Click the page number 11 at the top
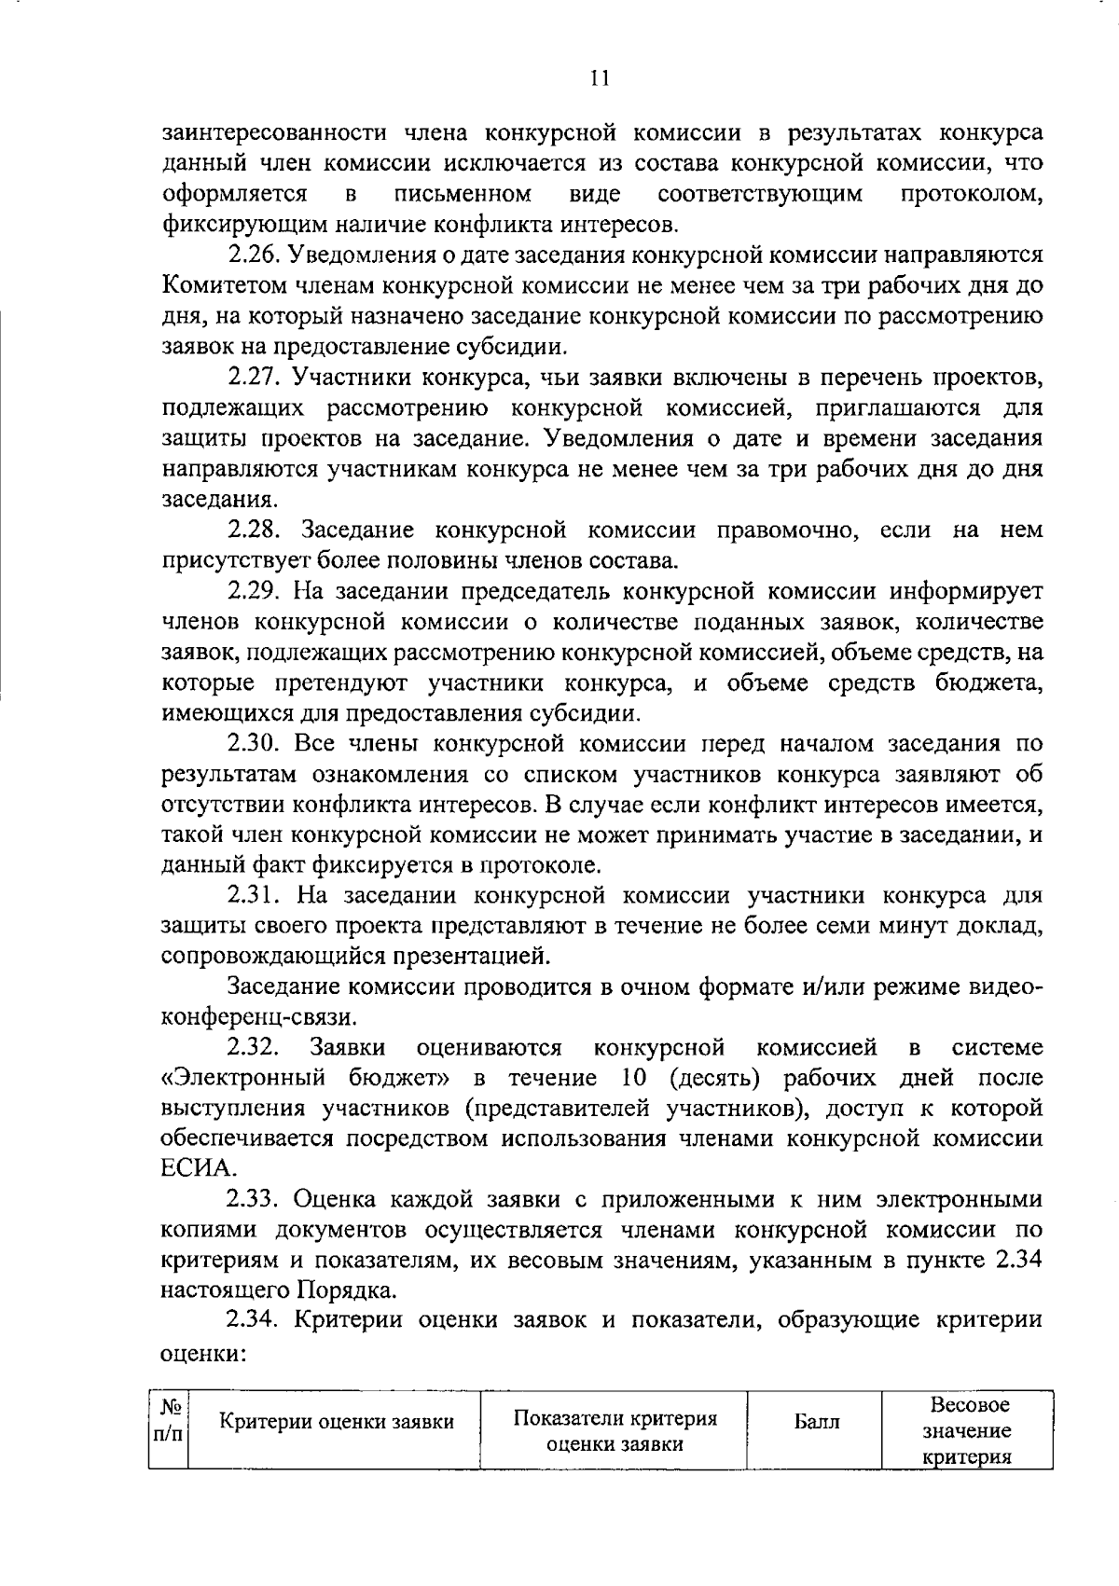tap(600, 78)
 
